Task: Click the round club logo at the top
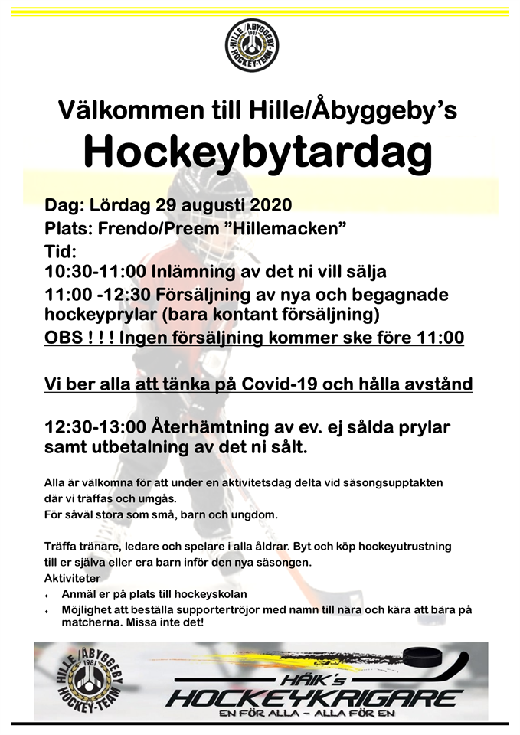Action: (x=252, y=45)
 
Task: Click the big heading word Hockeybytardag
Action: (x=258, y=152)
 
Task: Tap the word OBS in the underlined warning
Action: (x=66, y=337)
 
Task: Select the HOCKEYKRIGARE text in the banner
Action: (x=315, y=697)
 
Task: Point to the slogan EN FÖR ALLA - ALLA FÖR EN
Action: (x=315, y=714)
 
